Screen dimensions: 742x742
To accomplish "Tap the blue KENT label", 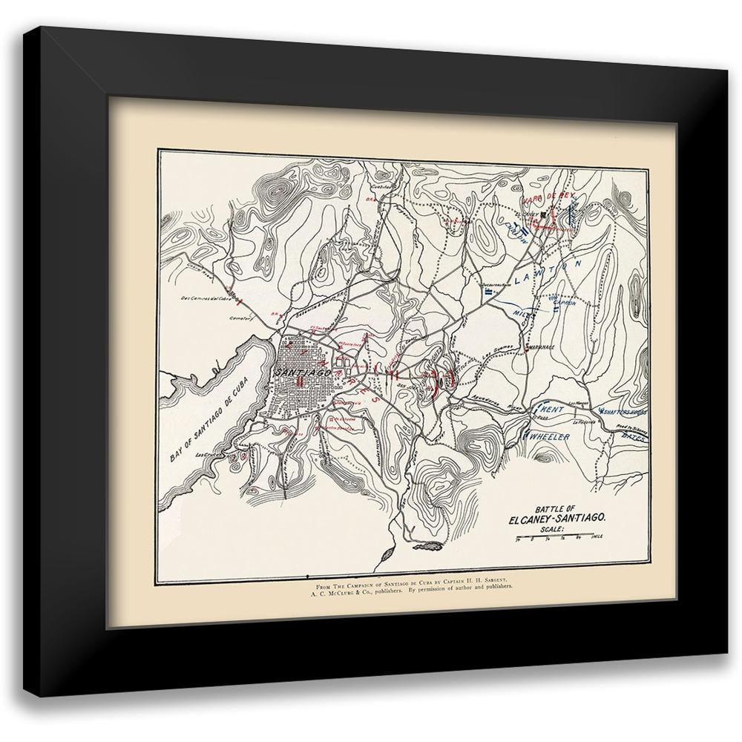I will coord(553,410).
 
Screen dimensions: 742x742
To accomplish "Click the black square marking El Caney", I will coord(545,214).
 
